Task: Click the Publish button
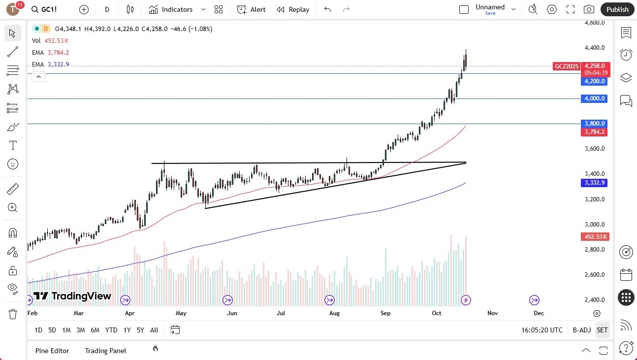[617, 9]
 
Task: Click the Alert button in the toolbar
[251, 9]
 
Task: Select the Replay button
[293, 9]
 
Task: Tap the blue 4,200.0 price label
[594, 81]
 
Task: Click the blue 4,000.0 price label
[594, 98]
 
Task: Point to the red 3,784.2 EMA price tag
[594, 132]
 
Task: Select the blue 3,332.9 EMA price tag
[594, 183]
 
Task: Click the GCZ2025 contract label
[567, 66]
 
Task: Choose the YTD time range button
[111, 330]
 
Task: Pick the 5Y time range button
[140, 330]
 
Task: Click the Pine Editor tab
[52, 351]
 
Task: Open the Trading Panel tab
[105, 351]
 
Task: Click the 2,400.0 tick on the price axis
[594, 300]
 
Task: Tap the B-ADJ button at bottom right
[581, 330]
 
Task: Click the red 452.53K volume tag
[594, 237]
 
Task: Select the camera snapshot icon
[588, 9]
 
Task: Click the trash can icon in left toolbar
[13, 314]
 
